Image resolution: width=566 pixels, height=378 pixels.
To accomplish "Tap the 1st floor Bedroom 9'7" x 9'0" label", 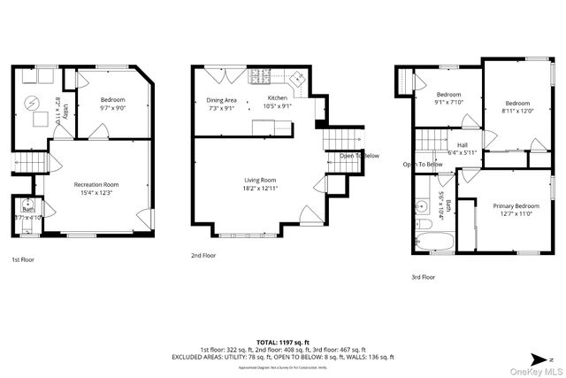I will tap(112, 104).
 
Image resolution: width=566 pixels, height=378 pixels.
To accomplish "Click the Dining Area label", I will tap(221, 104).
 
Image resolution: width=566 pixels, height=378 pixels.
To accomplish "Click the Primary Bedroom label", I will tap(515, 210).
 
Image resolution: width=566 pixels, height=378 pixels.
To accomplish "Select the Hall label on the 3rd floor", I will tap(462, 148).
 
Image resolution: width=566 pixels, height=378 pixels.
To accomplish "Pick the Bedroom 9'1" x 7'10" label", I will tap(448, 98).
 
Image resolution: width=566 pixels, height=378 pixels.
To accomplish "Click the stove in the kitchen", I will tap(263, 75).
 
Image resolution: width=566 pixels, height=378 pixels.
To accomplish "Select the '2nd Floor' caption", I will tap(203, 255).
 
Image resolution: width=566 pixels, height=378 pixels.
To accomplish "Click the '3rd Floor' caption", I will tap(423, 277).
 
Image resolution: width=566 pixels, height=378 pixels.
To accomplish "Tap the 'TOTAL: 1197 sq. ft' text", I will tap(282, 341).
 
